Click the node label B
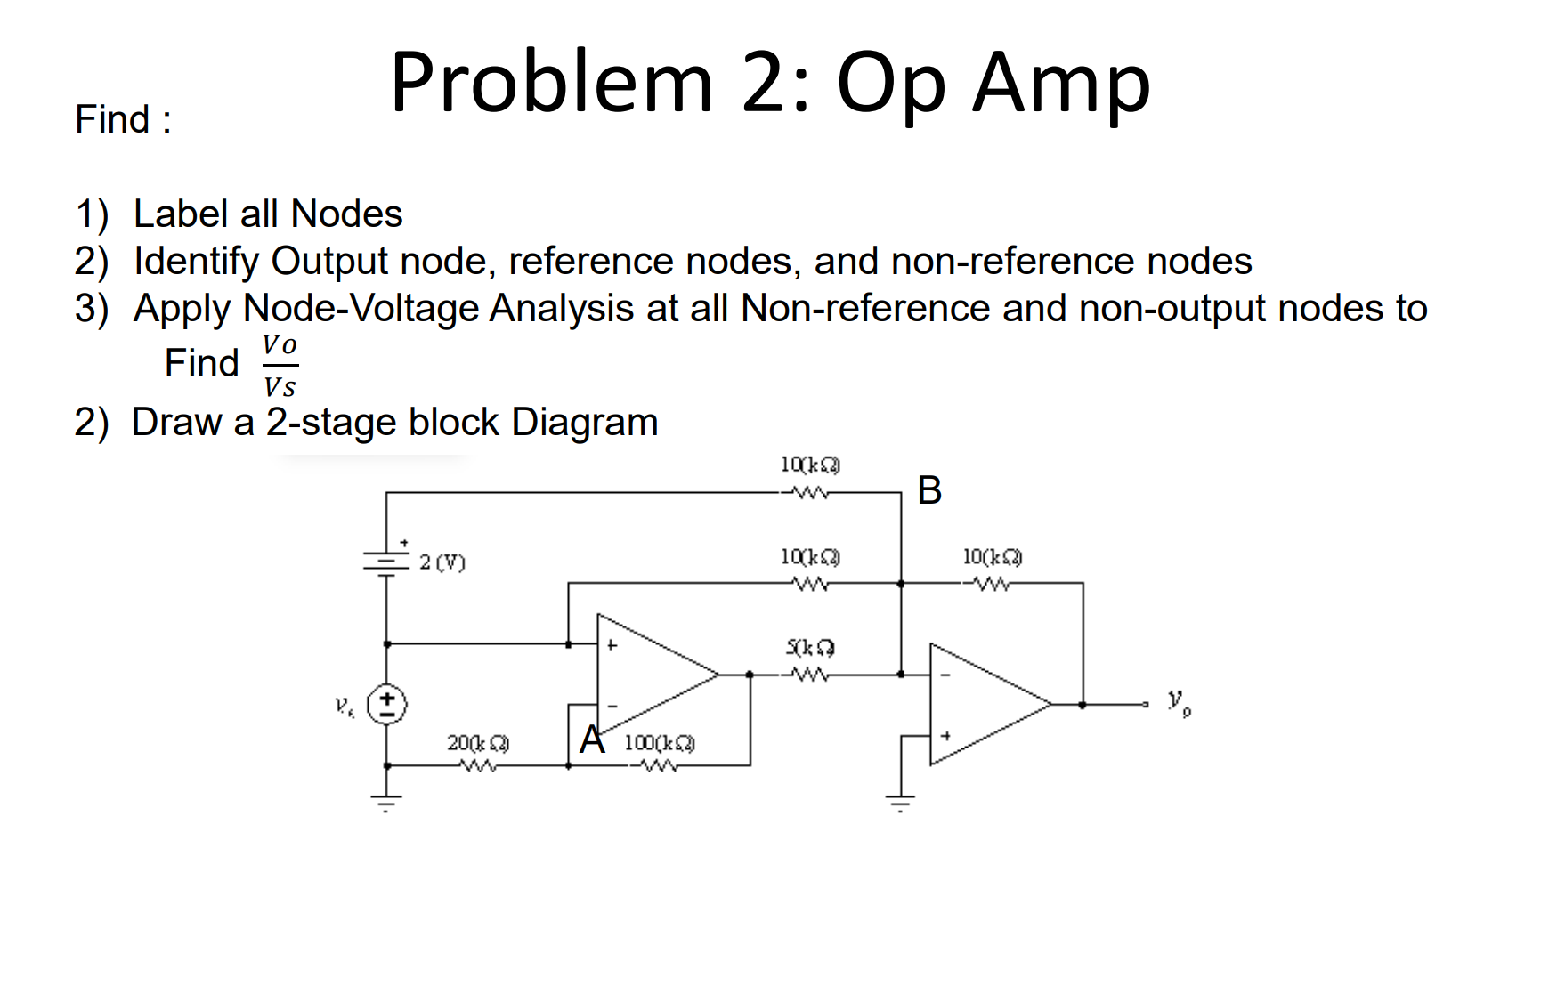click(x=929, y=490)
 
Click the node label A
click(x=592, y=739)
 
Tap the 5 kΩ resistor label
click(x=809, y=648)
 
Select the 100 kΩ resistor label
click(x=659, y=742)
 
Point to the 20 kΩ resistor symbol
click(x=478, y=765)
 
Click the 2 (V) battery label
click(x=442, y=562)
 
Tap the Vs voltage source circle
click(x=387, y=705)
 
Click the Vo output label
click(x=1179, y=702)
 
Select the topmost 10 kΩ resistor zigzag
click(x=809, y=493)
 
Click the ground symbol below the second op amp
click(x=900, y=803)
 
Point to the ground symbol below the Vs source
click(x=386, y=803)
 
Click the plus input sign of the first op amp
click(x=612, y=645)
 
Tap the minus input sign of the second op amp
click(x=945, y=675)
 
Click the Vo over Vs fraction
click(x=280, y=365)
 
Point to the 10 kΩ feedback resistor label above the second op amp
click(x=992, y=557)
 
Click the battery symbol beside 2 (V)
click(x=385, y=562)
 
